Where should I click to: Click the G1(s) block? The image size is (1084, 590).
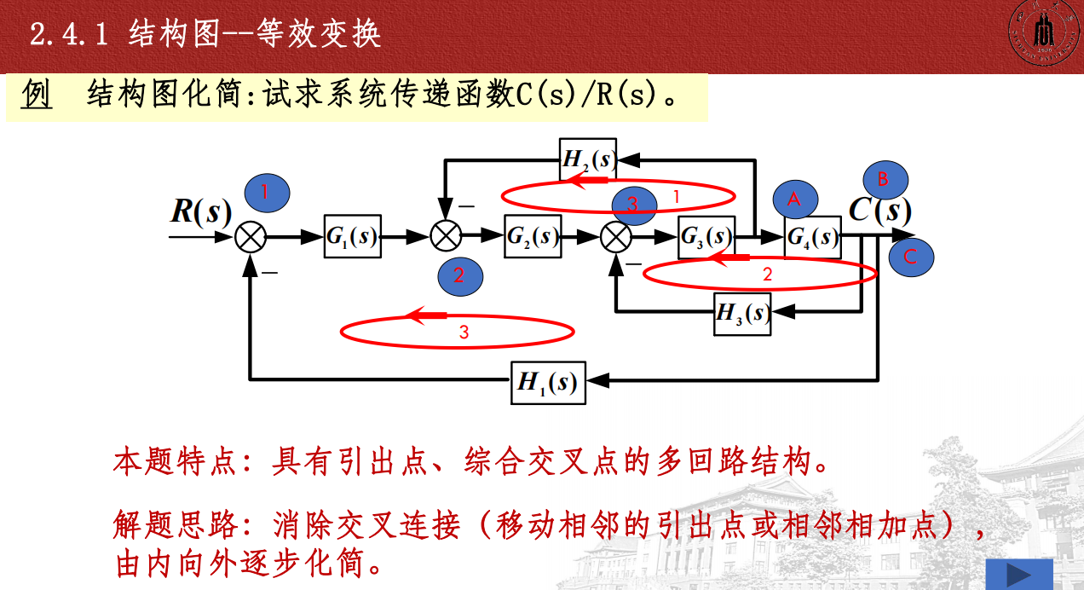coord(352,237)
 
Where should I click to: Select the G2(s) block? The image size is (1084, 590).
coord(533,237)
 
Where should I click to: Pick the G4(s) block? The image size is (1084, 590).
coord(812,237)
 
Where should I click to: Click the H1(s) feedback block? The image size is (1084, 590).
coord(548,383)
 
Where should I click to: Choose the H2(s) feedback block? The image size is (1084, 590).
coord(588,159)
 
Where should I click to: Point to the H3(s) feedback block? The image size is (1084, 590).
coord(743,314)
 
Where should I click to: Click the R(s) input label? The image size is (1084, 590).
coord(201,211)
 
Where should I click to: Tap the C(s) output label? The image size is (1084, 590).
coord(880,210)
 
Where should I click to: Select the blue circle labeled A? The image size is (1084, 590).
coord(795,200)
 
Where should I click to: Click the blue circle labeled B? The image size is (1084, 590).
coord(885,179)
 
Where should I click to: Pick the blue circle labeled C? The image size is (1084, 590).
coord(910,257)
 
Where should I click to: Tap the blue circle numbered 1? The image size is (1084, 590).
coord(267,193)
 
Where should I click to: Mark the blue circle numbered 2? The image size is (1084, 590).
coord(460,275)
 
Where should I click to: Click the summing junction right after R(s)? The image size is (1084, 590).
coord(251,237)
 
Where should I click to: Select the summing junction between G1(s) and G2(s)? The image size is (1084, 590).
coord(445,237)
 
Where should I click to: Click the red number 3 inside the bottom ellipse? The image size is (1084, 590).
coord(464,333)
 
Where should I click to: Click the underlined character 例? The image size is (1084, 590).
coord(37,95)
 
